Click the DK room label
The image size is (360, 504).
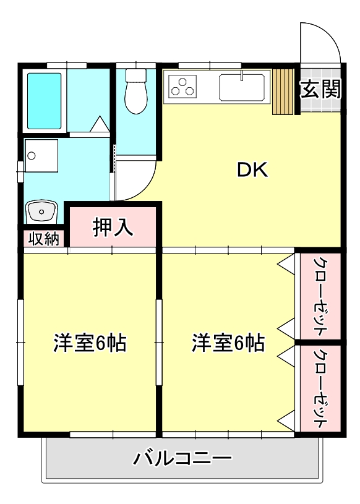click(252, 171)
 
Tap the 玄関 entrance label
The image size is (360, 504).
click(320, 90)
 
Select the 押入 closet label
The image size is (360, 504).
click(113, 227)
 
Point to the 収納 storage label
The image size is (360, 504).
click(43, 238)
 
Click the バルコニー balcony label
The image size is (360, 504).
click(182, 459)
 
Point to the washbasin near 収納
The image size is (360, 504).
click(42, 212)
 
